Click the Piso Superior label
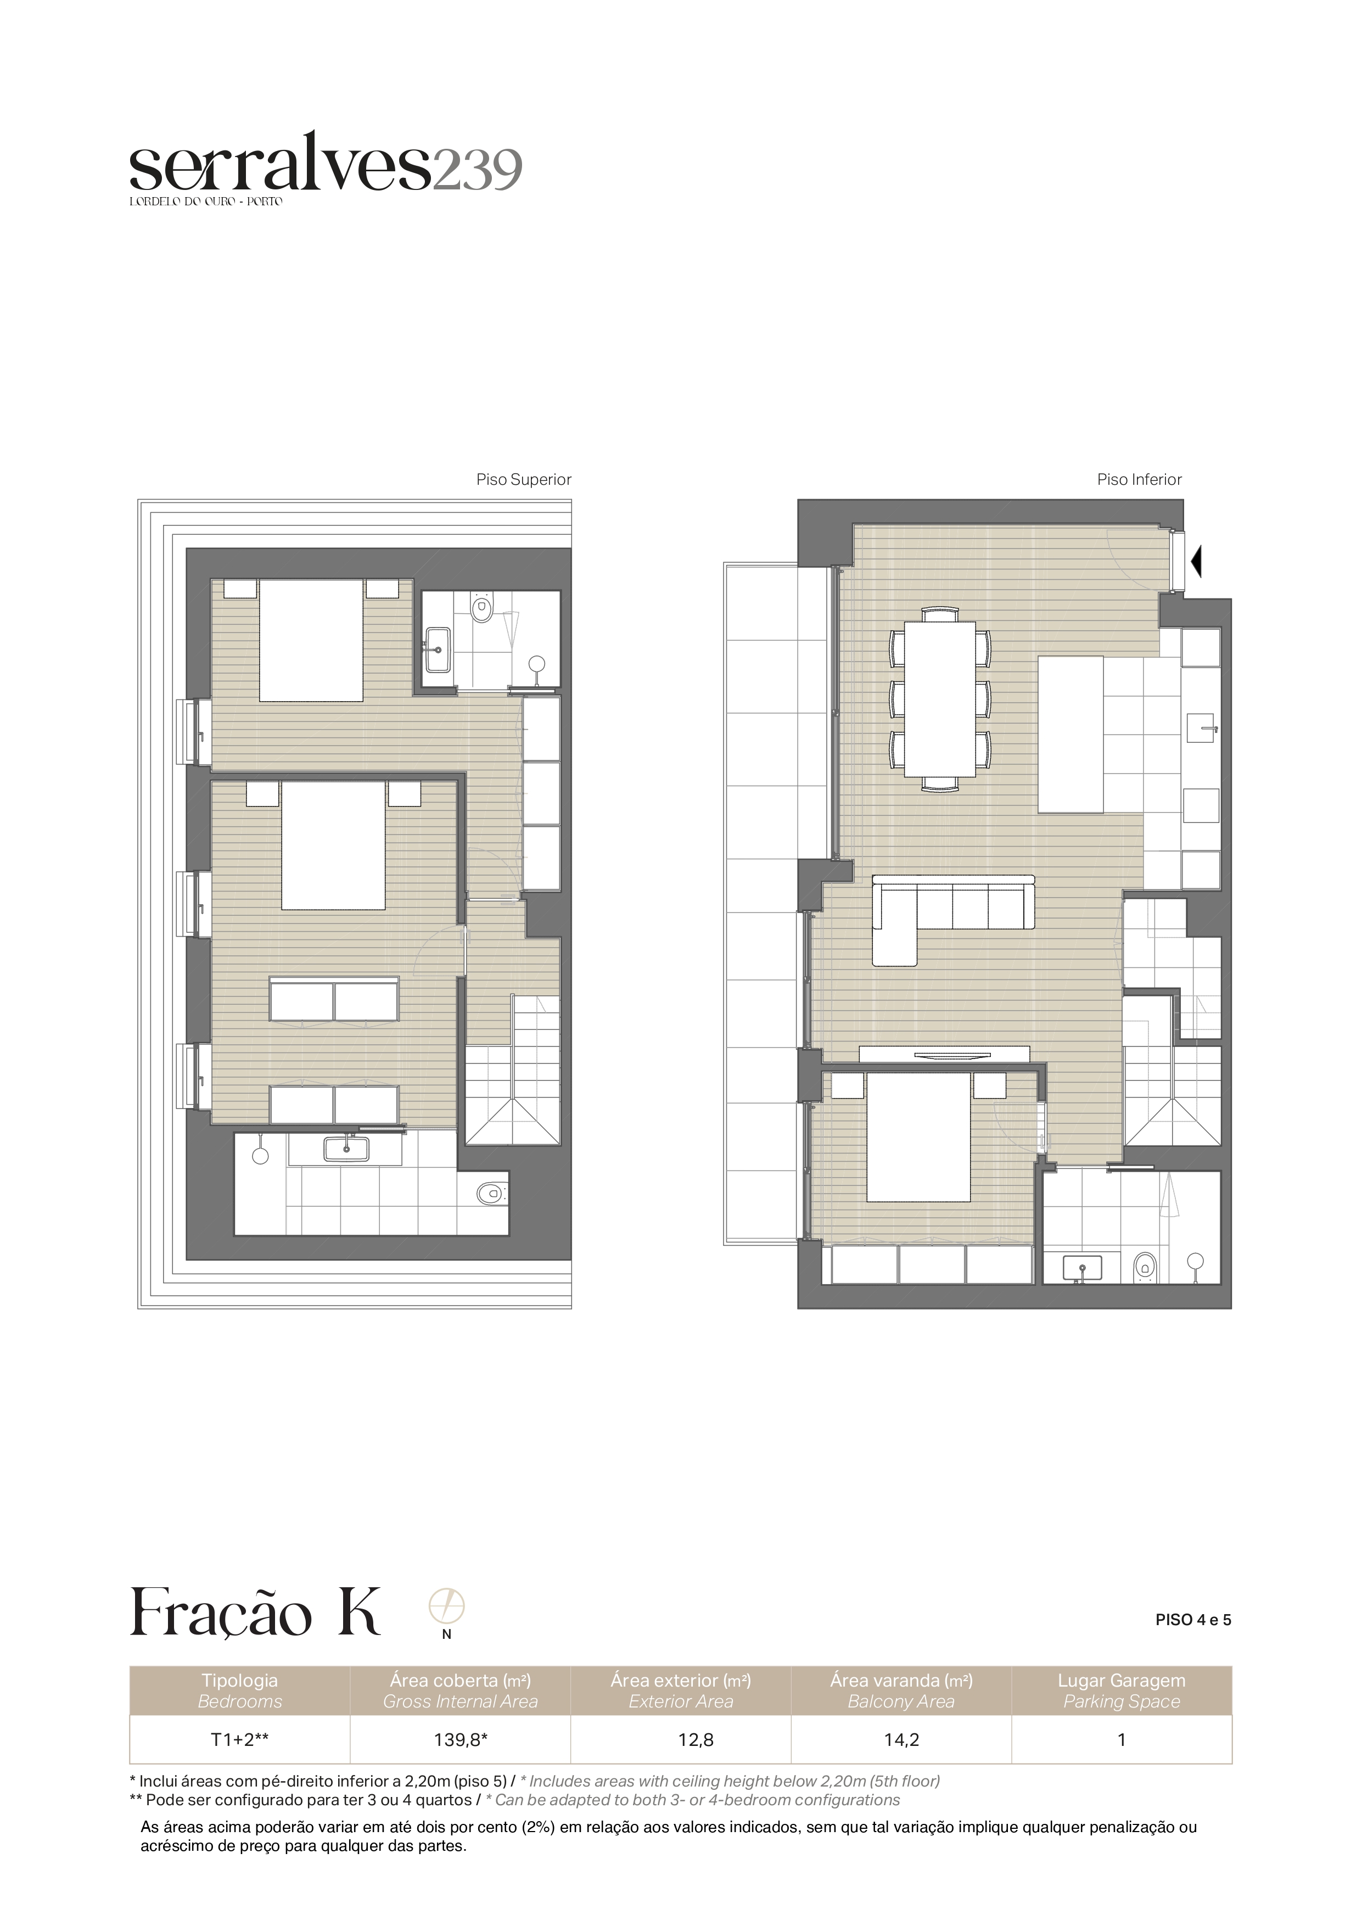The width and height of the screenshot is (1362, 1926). click(523, 480)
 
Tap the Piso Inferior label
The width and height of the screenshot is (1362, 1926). click(1139, 480)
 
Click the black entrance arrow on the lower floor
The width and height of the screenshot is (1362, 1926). click(1197, 561)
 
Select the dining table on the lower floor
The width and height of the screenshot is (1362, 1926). click(939, 699)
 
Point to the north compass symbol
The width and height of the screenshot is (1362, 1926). click(446, 1607)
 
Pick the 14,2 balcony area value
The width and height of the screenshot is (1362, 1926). click(901, 1740)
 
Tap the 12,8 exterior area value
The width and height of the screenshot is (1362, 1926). click(696, 1740)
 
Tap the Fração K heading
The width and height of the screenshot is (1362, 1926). click(255, 1613)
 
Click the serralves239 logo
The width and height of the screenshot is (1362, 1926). click(326, 168)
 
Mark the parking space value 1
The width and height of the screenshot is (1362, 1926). click(1122, 1740)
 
